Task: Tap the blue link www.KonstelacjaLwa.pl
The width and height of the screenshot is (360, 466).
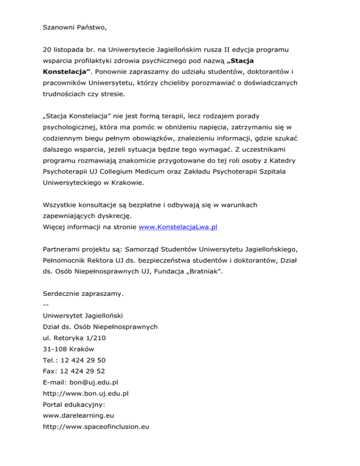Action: click(x=178, y=227)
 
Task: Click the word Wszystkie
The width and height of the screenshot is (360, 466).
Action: click(x=60, y=204)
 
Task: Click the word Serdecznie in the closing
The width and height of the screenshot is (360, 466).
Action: click(x=61, y=293)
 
